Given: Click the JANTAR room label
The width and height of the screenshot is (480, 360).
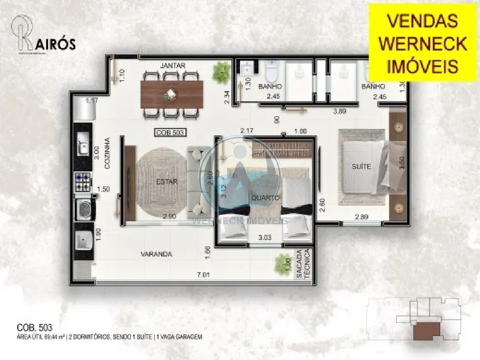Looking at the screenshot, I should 172,65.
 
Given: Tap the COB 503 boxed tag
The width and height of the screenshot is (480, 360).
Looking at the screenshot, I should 169,132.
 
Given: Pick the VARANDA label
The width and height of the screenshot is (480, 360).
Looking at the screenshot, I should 156,254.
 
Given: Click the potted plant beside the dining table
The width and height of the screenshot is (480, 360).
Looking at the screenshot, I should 221,71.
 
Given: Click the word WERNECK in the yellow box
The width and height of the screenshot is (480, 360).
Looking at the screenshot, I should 422,43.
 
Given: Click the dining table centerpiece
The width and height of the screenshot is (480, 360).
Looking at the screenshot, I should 168,95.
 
